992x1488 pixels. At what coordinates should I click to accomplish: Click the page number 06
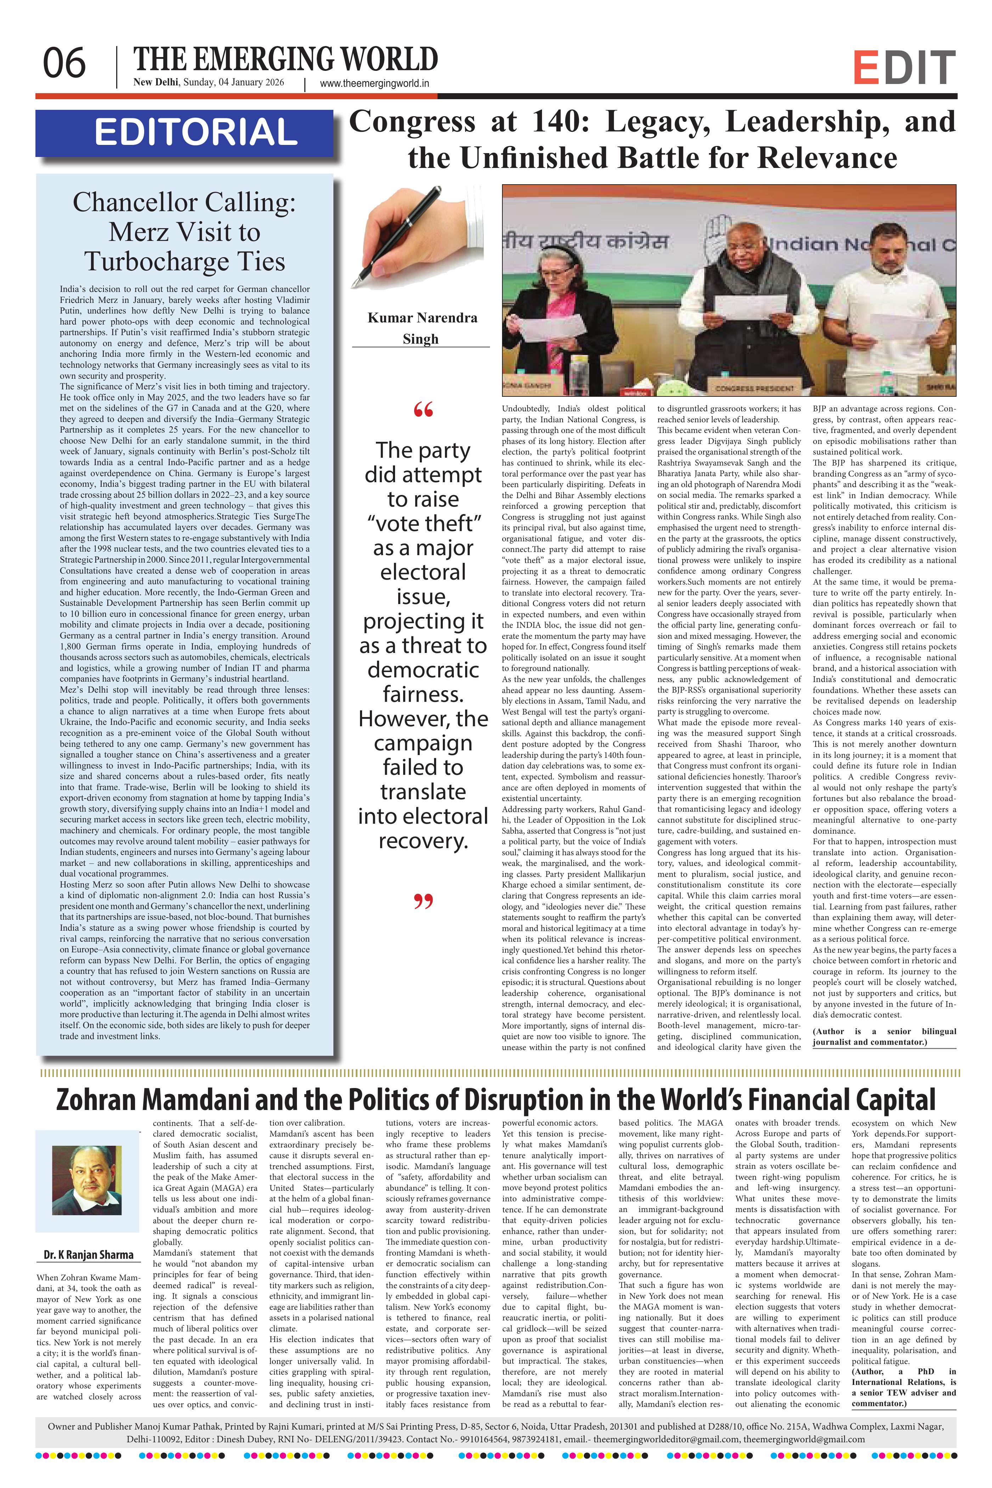pos(64,64)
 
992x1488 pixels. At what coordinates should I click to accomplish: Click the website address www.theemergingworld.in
pos(374,83)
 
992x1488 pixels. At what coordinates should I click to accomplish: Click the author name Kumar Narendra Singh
pos(422,328)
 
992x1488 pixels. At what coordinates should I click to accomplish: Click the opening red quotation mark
pos(423,411)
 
